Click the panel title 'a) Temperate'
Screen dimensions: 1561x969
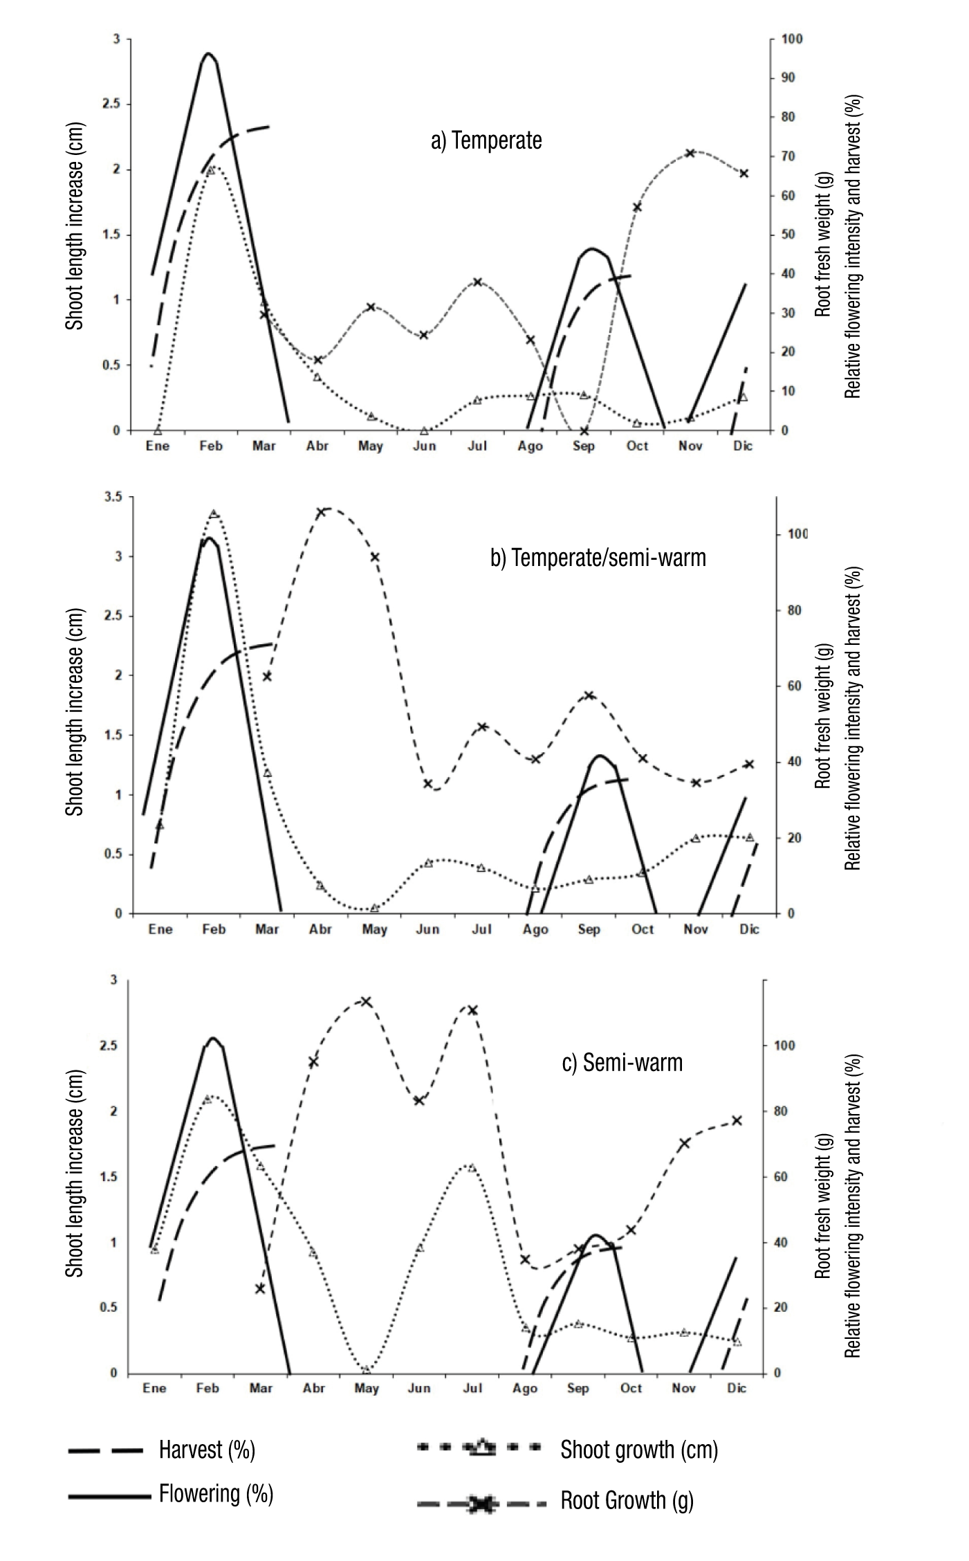point(486,140)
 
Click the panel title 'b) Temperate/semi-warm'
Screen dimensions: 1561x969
point(598,557)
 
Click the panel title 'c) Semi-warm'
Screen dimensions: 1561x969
point(622,1062)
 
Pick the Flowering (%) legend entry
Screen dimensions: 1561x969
point(216,1494)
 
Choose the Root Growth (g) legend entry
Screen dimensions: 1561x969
point(627,1501)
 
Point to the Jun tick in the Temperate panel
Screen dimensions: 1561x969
point(425,446)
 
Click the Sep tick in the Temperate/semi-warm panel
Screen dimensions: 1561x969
point(589,929)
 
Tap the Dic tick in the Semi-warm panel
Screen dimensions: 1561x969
point(737,1388)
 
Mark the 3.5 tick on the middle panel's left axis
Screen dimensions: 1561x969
point(110,497)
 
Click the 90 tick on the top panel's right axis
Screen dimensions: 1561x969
point(788,77)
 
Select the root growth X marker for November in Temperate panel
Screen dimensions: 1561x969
point(690,153)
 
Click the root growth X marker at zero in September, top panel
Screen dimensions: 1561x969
point(584,430)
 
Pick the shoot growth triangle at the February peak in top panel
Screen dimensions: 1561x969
point(212,168)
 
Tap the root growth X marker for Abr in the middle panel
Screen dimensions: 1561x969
point(321,513)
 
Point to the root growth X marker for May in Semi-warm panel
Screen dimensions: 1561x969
point(367,1001)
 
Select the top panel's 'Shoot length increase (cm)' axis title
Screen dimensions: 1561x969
point(75,226)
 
